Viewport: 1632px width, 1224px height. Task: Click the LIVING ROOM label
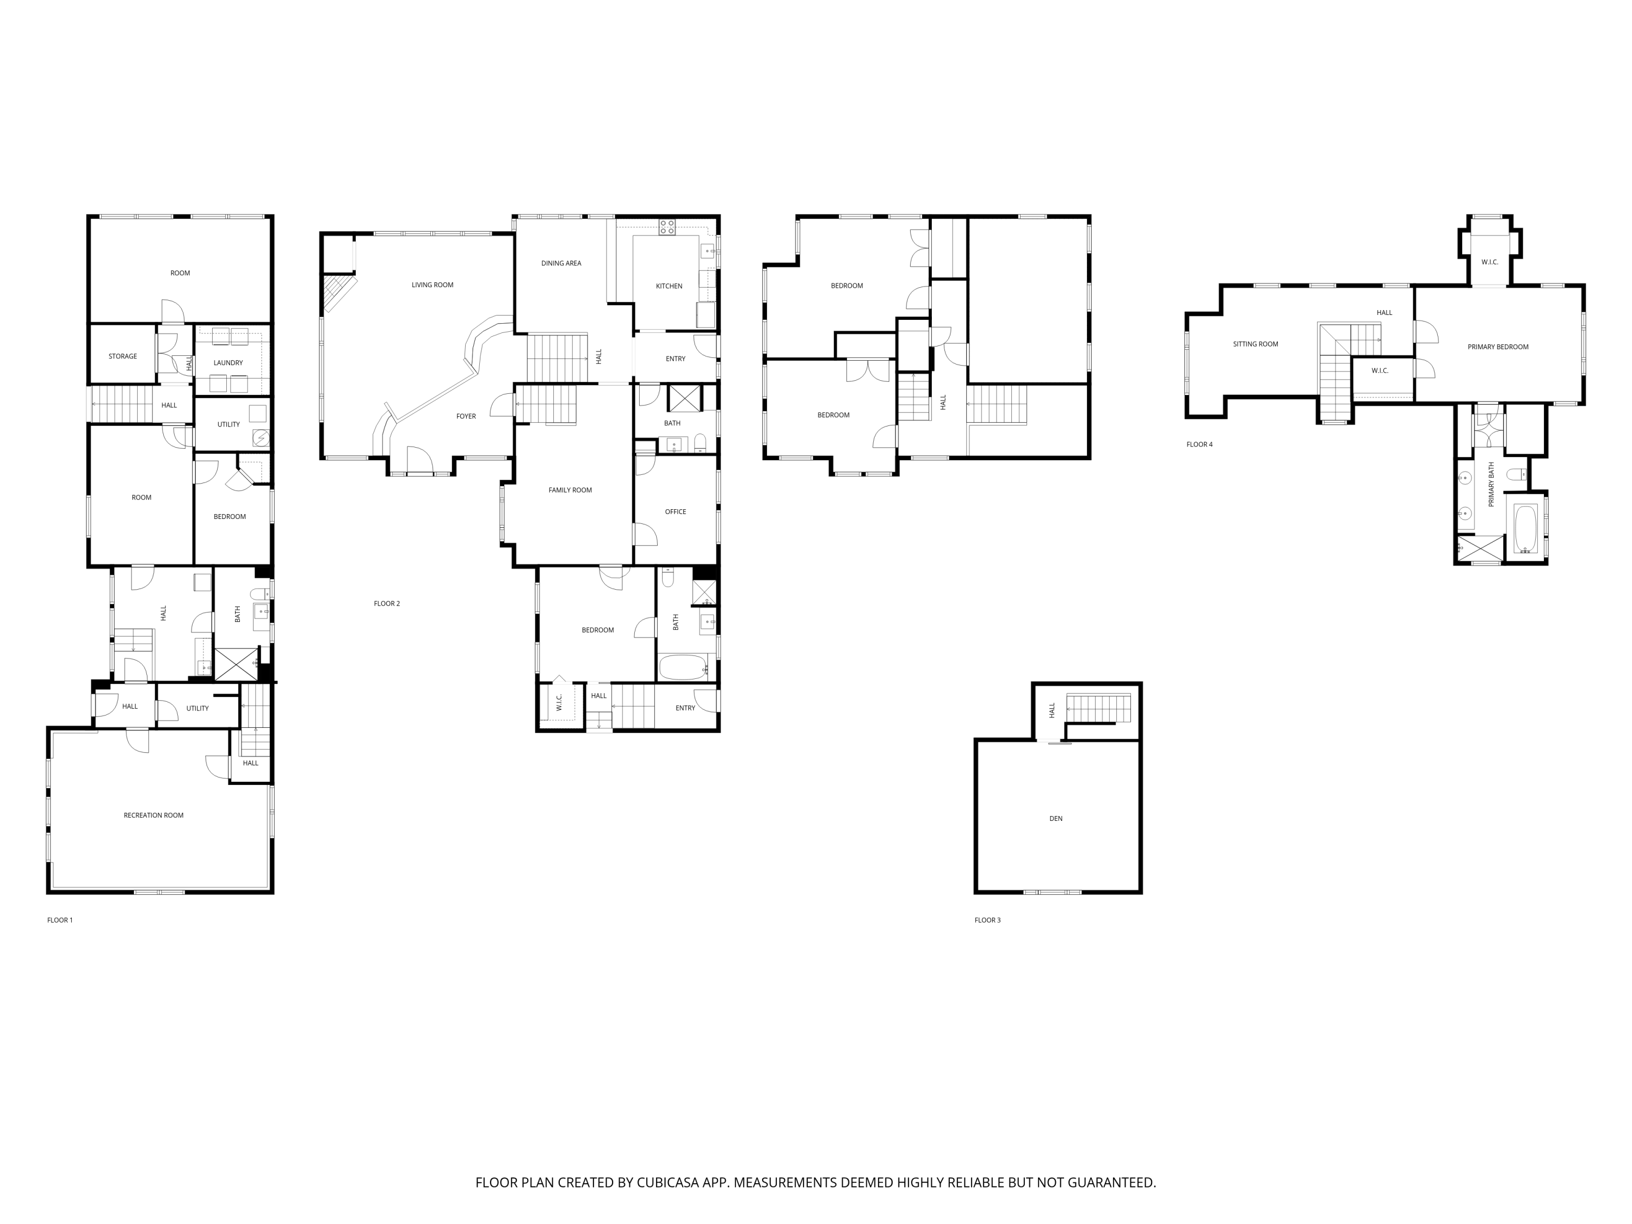432,285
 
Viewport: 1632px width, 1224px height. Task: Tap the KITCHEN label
669,286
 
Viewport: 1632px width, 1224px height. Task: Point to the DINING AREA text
561,263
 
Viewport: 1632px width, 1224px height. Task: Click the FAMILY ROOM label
570,490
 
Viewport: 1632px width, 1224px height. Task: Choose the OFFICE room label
675,512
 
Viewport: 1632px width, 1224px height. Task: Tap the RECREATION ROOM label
153,815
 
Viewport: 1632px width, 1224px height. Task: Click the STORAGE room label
122,356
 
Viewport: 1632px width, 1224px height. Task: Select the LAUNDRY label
228,363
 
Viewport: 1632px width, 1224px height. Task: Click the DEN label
1056,819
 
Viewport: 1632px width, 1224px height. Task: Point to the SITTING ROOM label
1255,344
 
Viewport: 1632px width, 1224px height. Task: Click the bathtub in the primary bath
1526,528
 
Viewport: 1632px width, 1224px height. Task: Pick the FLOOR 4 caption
1199,445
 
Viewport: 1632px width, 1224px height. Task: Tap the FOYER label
466,417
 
